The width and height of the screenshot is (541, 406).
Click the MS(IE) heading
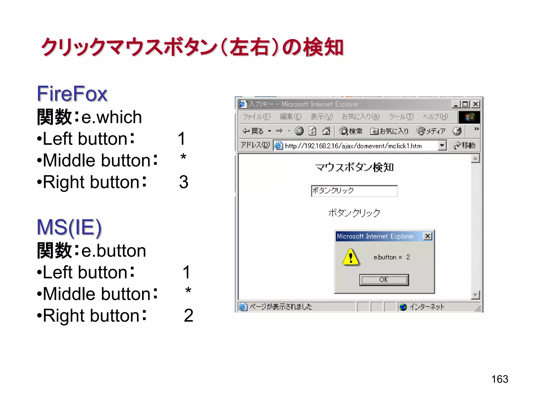[69, 227]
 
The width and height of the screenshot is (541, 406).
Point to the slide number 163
[500, 379]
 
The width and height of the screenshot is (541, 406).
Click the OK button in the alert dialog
[384, 280]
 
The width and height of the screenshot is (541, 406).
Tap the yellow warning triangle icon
[351, 257]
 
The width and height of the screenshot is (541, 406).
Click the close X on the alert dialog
[427, 236]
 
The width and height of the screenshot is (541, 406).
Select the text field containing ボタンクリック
[354, 191]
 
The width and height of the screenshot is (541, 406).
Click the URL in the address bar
[353, 146]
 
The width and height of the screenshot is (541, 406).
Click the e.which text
[111, 117]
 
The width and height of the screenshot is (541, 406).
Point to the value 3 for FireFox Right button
[184, 182]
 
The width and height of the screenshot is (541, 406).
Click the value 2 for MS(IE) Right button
[188, 316]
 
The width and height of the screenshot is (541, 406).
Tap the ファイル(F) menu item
[256, 117]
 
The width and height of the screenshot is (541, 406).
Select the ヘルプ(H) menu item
[435, 117]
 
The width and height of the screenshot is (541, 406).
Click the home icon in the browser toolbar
[326, 131]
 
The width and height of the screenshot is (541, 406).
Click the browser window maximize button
[465, 104]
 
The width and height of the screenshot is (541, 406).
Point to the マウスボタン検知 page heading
[354, 167]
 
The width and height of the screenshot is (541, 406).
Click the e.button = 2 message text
[391, 257]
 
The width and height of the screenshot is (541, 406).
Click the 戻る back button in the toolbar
[253, 131]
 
